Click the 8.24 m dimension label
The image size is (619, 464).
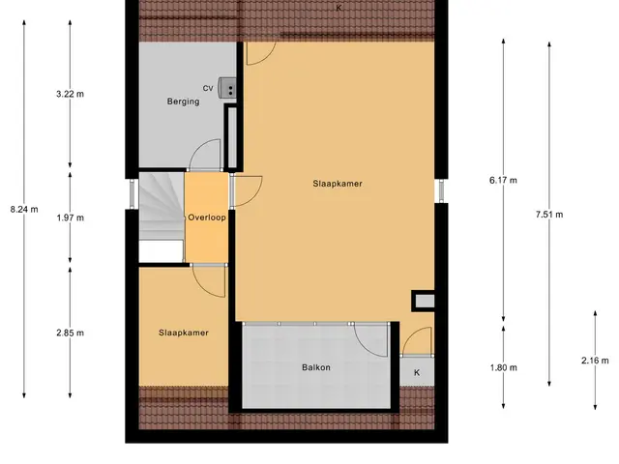(x=24, y=210)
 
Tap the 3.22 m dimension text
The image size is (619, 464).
(x=70, y=94)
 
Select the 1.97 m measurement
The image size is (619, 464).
(x=70, y=217)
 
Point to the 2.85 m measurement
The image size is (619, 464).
(x=70, y=333)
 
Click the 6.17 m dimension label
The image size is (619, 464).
(x=503, y=181)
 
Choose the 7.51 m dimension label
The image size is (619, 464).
(x=549, y=215)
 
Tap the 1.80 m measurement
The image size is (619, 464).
(x=503, y=367)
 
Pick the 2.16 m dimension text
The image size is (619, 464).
(x=595, y=361)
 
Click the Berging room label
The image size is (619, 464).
(x=183, y=101)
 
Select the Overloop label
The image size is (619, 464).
(x=207, y=217)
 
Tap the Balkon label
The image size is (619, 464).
(x=316, y=367)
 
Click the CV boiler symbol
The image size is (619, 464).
(x=228, y=87)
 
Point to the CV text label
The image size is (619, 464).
(x=208, y=88)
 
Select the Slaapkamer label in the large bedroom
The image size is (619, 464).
(x=338, y=184)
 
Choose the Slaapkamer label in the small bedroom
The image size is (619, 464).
(x=184, y=333)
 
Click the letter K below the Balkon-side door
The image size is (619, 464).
(x=417, y=372)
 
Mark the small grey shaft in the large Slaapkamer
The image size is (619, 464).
(x=425, y=302)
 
